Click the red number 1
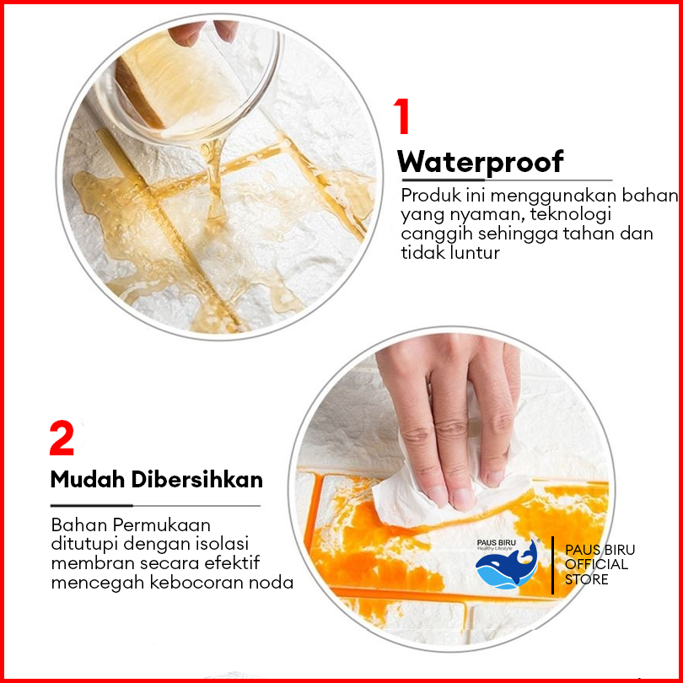click(x=402, y=116)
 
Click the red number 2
click(x=62, y=438)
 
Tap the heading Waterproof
click(x=481, y=163)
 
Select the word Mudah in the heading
click(x=88, y=480)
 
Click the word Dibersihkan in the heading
click(x=197, y=480)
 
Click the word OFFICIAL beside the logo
click(x=596, y=564)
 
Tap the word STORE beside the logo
click(x=586, y=580)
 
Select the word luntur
click(x=475, y=253)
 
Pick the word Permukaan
click(x=162, y=525)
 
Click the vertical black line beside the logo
click(x=553, y=565)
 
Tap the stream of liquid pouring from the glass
click(x=213, y=183)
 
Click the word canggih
click(x=437, y=234)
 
